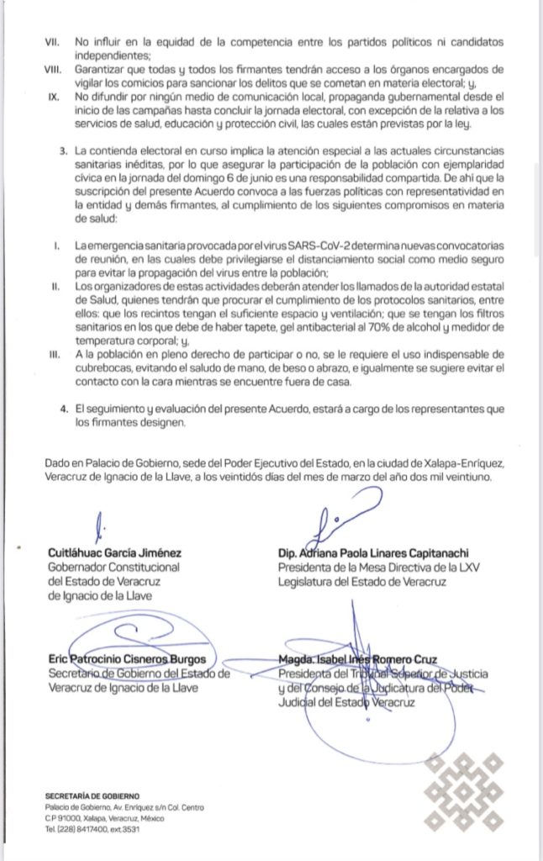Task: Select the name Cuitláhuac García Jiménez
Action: point(117,553)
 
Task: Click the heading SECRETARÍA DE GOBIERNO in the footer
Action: point(94,795)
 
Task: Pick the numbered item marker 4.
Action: point(64,408)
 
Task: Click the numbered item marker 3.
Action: point(64,150)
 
